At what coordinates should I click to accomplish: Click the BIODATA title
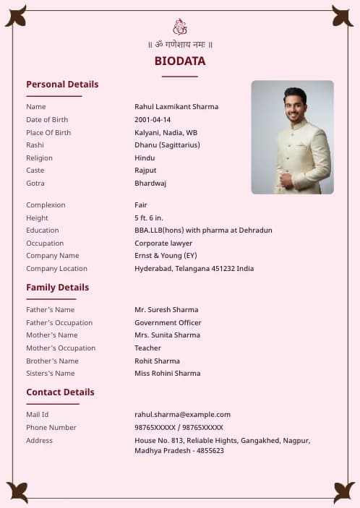coord(180,61)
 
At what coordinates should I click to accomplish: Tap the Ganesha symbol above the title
coord(180,27)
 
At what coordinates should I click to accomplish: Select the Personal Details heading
coord(62,85)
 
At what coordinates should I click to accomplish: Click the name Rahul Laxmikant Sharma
coord(176,107)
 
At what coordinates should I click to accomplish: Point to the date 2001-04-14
coord(153,120)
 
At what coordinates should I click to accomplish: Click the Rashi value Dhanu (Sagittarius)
coord(167,145)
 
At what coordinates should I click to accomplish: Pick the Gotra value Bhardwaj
coord(150,184)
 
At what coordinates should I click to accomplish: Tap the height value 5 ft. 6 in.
coord(149,218)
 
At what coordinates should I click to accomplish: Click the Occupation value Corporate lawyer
coord(163,244)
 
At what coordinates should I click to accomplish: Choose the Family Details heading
coord(58,288)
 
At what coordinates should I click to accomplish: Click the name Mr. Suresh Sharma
coord(166,310)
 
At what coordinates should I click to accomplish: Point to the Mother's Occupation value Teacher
coord(147,348)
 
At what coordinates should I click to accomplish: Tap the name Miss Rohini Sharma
coord(168,374)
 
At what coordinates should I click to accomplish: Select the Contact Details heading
coord(60,392)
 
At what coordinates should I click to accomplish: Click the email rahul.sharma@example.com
coord(182,415)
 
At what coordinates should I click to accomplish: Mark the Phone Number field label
coord(51,428)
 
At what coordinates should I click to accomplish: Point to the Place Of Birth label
coord(48,133)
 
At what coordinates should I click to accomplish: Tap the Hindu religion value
coord(145,158)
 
